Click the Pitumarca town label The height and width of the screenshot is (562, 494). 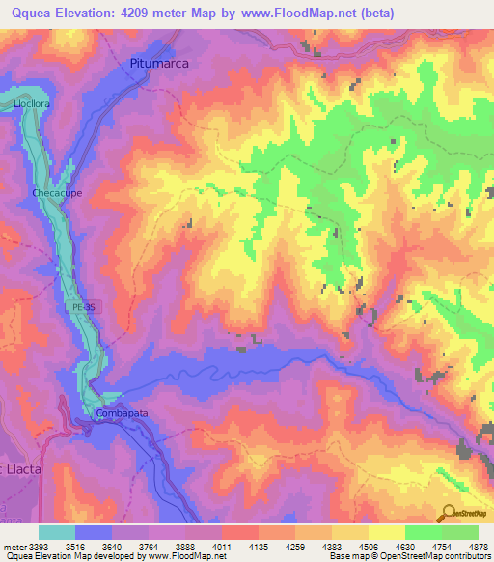coord(158,62)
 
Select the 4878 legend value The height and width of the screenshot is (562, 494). coord(478,546)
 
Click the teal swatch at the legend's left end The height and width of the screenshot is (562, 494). coord(56,532)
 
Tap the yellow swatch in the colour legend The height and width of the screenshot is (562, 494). coord(386,532)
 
